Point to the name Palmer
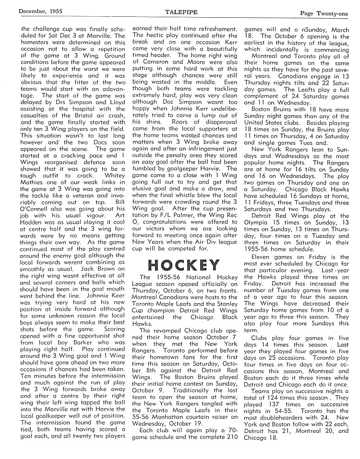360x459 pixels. point(178,223)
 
